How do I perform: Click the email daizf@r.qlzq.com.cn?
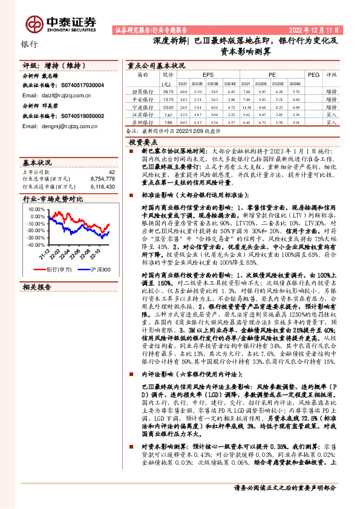point(61,96)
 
